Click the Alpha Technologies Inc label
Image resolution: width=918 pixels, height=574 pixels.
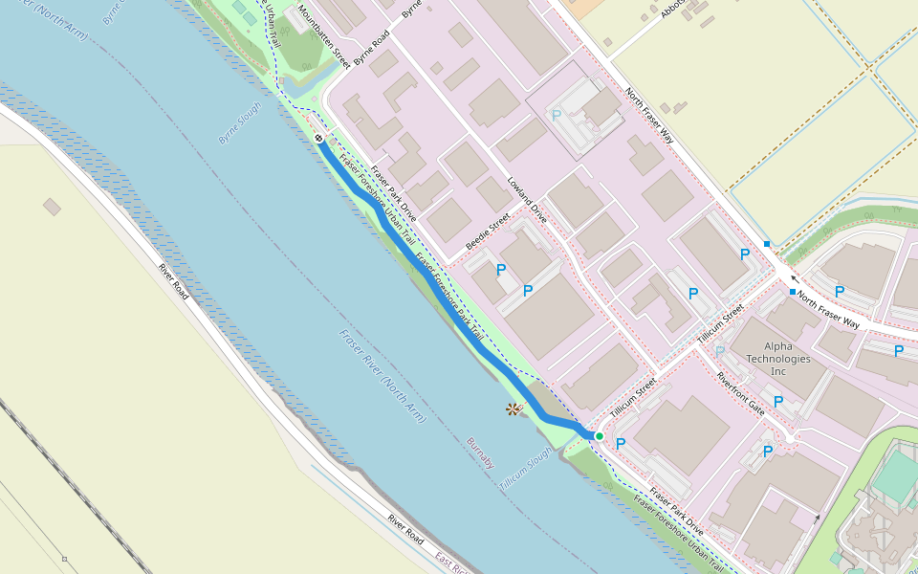point(777,359)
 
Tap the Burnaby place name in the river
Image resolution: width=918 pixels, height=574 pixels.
point(481,453)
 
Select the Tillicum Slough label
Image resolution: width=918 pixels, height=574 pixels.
point(525,470)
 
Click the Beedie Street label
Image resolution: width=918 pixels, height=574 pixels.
point(488,232)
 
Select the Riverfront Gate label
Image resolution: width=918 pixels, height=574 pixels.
point(741,392)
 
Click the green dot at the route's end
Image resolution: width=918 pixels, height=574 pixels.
point(600,436)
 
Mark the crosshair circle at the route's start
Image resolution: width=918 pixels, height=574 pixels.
point(318,139)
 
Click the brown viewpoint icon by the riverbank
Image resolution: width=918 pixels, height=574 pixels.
point(513,409)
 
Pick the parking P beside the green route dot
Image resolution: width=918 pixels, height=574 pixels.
point(621,444)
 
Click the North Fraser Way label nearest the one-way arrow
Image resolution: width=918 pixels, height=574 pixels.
point(828,310)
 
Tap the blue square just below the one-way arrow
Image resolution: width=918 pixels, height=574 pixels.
point(793,291)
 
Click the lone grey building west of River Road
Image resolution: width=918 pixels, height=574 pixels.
point(52,207)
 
